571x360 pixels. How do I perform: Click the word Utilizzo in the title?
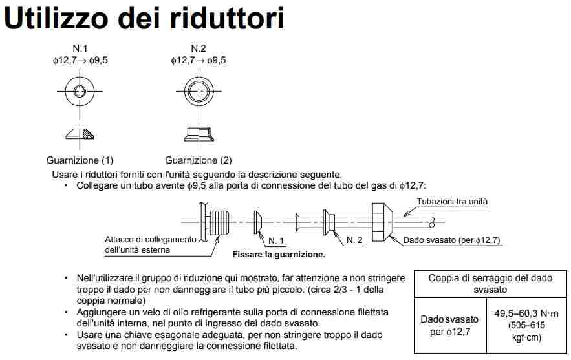tap(56, 18)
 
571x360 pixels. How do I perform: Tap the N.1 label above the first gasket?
tap(80, 48)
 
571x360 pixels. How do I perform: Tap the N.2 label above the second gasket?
tap(199, 48)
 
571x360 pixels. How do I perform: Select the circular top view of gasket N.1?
tap(80, 90)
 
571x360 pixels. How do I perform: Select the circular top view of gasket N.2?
tap(199, 90)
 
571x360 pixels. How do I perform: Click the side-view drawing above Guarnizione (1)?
tap(80, 134)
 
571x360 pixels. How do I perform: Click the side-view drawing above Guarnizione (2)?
tap(199, 134)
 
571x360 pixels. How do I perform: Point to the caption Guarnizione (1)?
tap(80, 160)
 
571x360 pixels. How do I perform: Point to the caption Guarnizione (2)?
tap(199, 160)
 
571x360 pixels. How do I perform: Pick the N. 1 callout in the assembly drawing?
tap(275, 240)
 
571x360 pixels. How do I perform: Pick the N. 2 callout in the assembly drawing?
tap(354, 240)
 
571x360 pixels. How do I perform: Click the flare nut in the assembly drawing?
tap(382, 222)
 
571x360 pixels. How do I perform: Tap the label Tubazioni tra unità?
tap(452, 201)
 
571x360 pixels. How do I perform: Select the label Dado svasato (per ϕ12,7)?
tap(451, 240)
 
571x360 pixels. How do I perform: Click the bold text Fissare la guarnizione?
tap(279, 255)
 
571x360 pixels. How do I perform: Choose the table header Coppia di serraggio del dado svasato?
tap(490, 284)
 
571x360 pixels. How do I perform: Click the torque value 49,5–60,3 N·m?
tap(526, 313)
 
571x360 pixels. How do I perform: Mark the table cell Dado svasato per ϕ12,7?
tap(449, 325)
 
